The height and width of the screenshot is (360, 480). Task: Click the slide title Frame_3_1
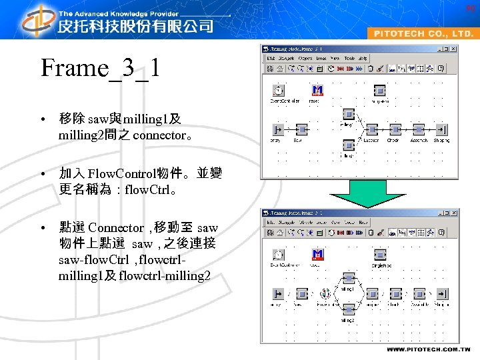pos(100,69)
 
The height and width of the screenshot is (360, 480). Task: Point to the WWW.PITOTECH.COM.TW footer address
pos(428,349)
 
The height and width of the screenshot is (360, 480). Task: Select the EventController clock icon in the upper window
pos(278,91)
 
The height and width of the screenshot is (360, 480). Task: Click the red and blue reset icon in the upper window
pos(318,90)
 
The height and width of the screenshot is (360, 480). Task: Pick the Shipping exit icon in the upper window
pos(441,129)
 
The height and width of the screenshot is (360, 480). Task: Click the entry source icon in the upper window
pos(278,129)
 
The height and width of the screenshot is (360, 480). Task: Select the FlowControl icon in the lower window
pos(324,293)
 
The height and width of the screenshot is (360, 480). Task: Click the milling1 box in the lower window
pos(348,278)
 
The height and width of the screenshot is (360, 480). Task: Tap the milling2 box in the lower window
pos(348,309)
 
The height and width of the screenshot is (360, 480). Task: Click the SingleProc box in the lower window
pos(380,254)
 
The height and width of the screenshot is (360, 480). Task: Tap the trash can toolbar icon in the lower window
pos(370,233)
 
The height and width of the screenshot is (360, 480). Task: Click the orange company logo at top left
pos(37,20)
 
